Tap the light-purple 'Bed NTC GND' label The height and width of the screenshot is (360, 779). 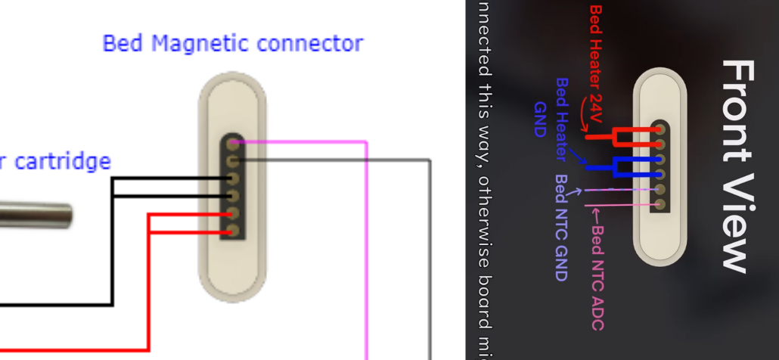tap(561, 227)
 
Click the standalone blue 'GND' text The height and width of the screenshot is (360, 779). tap(539, 119)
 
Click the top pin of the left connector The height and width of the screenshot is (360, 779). tap(233, 143)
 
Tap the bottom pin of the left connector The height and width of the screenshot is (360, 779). tap(233, 231)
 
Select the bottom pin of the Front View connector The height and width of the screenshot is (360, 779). tap(660, 204)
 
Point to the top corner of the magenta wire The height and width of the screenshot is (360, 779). tap(367, 141)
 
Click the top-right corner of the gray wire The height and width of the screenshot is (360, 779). tap(430, 160)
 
